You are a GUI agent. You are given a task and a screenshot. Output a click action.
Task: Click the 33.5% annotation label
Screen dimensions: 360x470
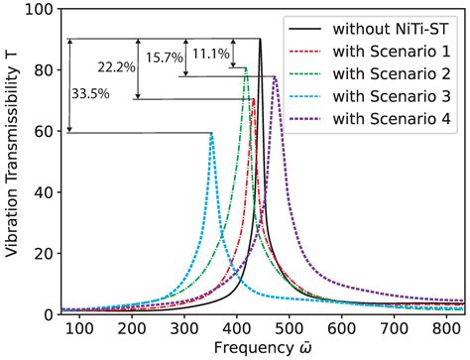coord(90,93)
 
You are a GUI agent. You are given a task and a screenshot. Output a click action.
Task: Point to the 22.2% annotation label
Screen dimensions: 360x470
coord(116,66)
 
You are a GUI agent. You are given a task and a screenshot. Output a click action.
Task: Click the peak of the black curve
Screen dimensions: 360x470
coord(260,40)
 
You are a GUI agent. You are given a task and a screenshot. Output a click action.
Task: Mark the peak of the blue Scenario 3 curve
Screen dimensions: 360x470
coord(211,134)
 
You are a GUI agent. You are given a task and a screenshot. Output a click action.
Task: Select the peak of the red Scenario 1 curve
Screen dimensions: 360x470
coord(253,99)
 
